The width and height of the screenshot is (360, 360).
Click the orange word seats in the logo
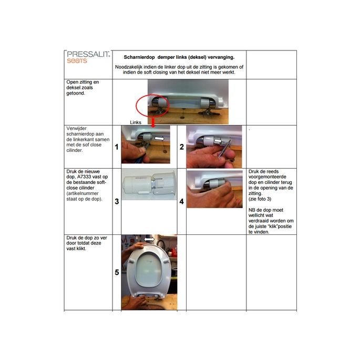point(77,60)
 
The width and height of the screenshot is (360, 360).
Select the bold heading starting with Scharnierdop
point(179,57)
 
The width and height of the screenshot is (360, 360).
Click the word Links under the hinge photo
point(136,122)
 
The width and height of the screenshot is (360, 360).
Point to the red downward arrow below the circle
point(153,122)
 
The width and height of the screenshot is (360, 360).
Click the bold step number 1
point(117,148)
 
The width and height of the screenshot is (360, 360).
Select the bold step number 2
point(181,148)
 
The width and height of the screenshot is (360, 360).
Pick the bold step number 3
point(117,201)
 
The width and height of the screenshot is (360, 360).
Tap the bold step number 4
point(181,201)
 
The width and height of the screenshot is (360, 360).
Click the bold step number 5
point(117,272)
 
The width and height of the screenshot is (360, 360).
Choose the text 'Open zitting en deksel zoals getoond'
point(82,88)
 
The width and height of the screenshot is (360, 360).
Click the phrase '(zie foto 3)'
point(261,199)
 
